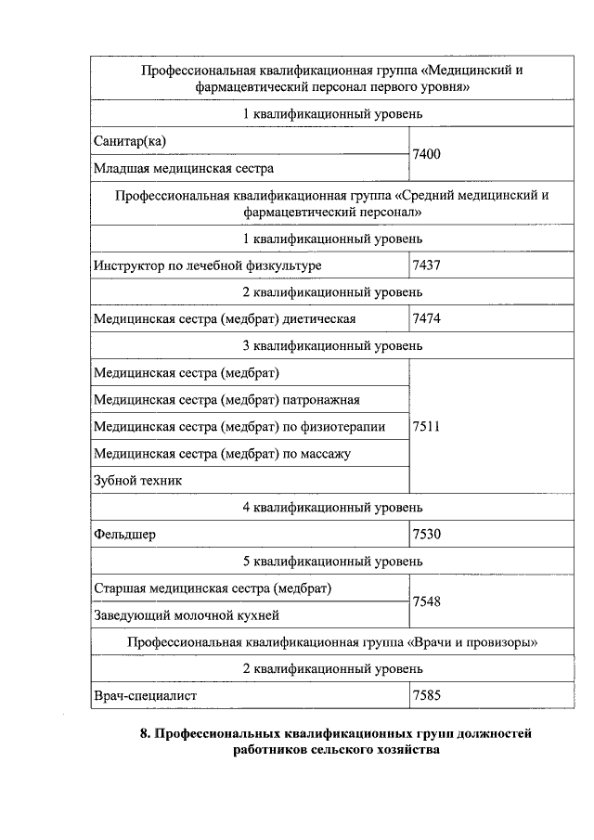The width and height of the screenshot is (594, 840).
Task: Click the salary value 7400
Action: tap(428, 154)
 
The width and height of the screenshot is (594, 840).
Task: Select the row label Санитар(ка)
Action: tap(136, 140)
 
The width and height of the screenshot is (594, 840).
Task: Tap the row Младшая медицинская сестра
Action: tap(184, 168)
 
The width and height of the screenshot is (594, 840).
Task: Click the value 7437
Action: tap(428, 265)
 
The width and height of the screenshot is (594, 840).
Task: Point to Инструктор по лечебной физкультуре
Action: tap(208, 265)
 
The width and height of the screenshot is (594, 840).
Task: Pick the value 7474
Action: tap(428, 318)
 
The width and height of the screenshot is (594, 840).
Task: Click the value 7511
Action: tap(428, 427)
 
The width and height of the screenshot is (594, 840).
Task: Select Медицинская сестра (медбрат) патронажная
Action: tap(226, 400)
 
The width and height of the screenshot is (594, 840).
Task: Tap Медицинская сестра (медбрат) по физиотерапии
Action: tap(239, 427)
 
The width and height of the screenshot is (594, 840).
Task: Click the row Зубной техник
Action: tap(138, 481)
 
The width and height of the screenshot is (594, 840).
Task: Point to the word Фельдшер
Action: tap(125, 535)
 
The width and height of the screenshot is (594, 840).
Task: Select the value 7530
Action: tap(428, 535)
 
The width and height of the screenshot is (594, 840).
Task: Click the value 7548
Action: tap(428, 601)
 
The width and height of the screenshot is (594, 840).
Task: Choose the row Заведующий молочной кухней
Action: tap(187, 614)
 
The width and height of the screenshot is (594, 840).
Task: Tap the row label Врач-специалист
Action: tap(146, 694)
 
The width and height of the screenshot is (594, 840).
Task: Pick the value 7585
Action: tap(428, 694)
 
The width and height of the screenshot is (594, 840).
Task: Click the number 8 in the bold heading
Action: tap(144, 734)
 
